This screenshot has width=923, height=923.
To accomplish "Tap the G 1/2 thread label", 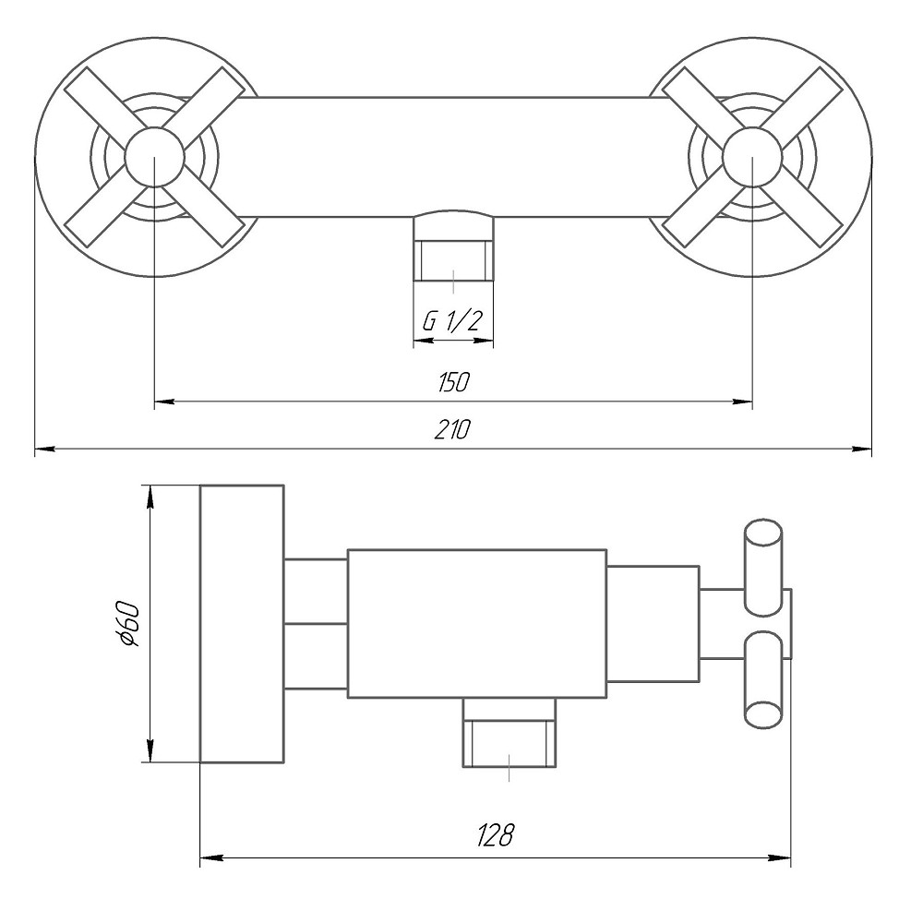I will pos(452,321).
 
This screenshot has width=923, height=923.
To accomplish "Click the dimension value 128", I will pos(495,836).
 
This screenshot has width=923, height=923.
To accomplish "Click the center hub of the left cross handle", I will pos(153,157).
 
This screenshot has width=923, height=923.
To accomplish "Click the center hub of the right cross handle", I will pos(752,157).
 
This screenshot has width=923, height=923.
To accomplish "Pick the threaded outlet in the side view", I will pos(510,743).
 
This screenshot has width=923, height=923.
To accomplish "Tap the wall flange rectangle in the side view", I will pos(242,624).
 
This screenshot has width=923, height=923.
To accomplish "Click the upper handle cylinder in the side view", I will pos(763,567).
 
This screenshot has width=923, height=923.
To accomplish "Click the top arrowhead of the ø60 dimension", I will pos(150,495).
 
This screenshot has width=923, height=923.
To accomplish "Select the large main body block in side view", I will pos(476,624).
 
